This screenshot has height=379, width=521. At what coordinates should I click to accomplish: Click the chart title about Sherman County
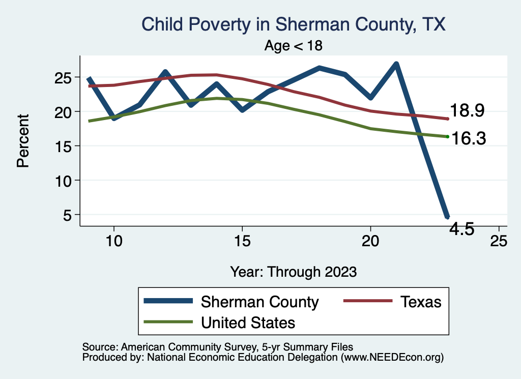point(294,24)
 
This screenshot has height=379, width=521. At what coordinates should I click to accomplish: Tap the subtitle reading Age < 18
point(294,45)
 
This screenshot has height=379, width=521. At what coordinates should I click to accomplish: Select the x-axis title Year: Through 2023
point(294,271)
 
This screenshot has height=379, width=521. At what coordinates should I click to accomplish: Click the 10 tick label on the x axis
point(113,241)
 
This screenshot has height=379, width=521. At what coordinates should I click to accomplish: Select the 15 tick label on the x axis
point(242,241)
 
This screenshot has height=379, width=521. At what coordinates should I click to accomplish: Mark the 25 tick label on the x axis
point(499,241)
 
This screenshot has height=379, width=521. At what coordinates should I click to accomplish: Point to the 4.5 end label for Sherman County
point(462,229)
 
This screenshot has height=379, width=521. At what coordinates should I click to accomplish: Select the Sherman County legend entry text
point(259,302)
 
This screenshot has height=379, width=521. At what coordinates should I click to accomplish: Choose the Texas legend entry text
point(420,302)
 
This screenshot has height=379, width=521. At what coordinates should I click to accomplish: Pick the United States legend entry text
point(248,322)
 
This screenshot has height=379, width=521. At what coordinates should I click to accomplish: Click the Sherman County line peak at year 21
point(396,64)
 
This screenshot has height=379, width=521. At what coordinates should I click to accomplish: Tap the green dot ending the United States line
point(447,136)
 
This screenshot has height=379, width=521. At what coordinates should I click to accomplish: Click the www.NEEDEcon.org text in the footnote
point(392,358)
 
